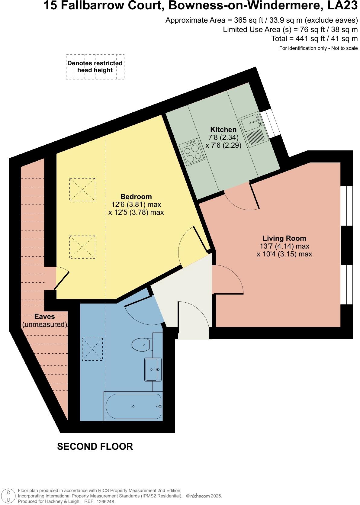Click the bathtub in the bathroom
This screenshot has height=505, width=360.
click(133, 406)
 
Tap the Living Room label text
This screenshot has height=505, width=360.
click(284, 238)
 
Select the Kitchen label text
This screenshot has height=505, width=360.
click(223, 130)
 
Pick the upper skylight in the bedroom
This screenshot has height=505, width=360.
click(82, 189)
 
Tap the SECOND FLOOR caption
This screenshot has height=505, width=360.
click(95, 446)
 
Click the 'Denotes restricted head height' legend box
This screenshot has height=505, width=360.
click(95, 67)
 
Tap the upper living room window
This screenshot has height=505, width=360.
click(346, 206)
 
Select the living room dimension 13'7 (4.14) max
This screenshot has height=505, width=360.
click(284, 246)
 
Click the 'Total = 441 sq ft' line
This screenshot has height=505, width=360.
click(314, 39)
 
